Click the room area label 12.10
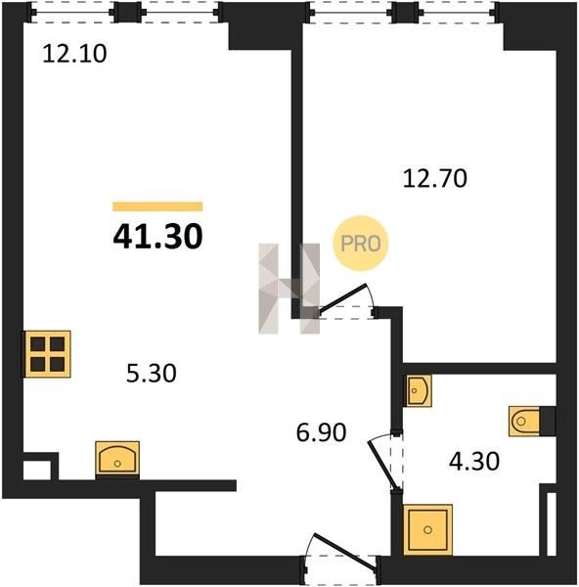[x=74, y=54]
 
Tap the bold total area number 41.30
[x=157, y=237]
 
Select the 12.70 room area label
[x=434, y=178]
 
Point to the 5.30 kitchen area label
[x=152, y=374]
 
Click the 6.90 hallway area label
[x=321, y=432]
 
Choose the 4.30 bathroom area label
[x=474, y=461]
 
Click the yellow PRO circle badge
[x=361, y=244]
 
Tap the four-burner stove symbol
[x=48, y=354]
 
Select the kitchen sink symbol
[x=117, y=459]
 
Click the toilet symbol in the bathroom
[x=524, y=421]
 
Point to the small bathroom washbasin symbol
[x=419, y=390]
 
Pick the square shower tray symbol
[x=427, y=529]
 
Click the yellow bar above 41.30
[x=157, y=206]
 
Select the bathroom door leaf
[x=380, y=464]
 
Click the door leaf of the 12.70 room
[x=342, y=297]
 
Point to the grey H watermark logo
[x=289, y=289]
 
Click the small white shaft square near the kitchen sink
[x=37, y=470]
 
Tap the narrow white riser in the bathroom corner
[x=551, y=523]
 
